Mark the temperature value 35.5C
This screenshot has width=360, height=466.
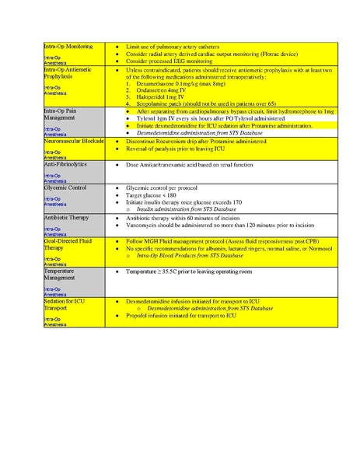179,272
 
